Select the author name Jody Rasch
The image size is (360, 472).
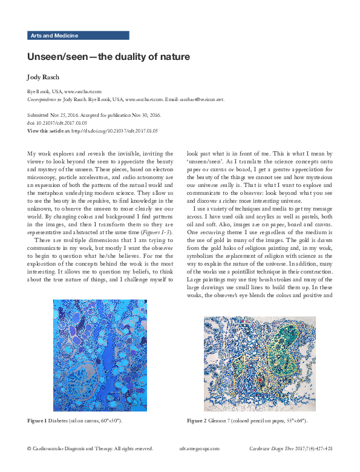click(45, 77)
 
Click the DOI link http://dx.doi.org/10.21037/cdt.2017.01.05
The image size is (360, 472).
click(114, 130)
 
